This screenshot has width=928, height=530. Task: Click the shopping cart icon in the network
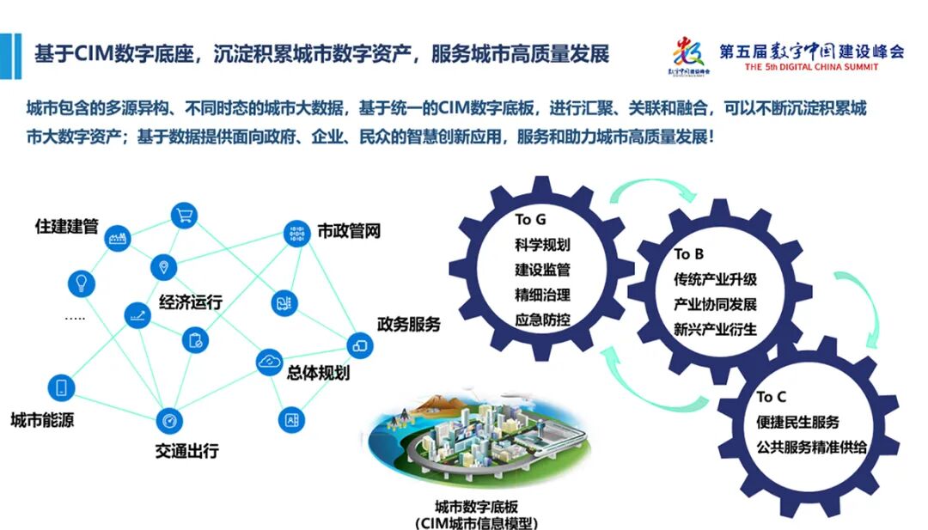pyautogui.click(x=184, y=216)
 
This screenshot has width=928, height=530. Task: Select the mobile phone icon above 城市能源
pyautogui.click(x=61, y=387)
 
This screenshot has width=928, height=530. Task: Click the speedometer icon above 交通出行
pyautogui.click(x=169, y=421)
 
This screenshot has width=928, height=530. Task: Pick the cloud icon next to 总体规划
pyautogui.click(x=270, y=362)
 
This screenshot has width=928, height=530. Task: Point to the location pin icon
pyautogui.click(x=163, y=266)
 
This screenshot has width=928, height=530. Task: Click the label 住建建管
pyautogui.click(x=66, y=227)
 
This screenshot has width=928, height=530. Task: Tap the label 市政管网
pyautogui.click(x=348, y=231)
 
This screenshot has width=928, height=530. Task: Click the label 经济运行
pyautogui.click(x=191, y=302)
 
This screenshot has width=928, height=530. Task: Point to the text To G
pyautogui.click(x=530, y=220)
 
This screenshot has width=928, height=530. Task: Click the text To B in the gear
pyautogui.click(x=689, y=254)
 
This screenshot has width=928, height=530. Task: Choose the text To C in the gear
pyautogui.click(x=771, y=397)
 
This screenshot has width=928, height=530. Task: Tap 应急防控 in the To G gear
pyautogui.click(x=542, y=319)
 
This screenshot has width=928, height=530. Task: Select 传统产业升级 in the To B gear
pyautogui.click(x=716, y=280)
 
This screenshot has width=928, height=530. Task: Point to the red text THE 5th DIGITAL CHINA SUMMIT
pyautogui.click(x=812, y=67)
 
